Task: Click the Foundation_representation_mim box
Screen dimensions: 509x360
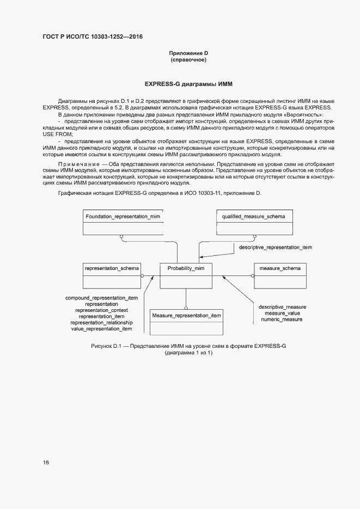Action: click(x=123, y=222)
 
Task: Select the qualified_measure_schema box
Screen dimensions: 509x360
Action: click(x=253, y=222)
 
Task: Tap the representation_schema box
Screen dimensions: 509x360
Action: click(x=112, y=275)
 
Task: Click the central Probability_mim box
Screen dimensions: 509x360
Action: click(x=186, y=275)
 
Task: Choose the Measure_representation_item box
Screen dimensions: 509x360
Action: click(x=186, y=322)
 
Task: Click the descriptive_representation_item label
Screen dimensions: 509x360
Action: click(x=276, y=247)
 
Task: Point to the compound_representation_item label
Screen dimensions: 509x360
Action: click(x=101, y=298)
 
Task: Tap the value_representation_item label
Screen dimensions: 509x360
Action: click(x=101, y=329)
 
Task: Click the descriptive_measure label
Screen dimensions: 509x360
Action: click(x=282, y=307)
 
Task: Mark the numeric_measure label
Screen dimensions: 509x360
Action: click(x=282, y=320)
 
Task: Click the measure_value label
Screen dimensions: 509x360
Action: click(x=282, y=314)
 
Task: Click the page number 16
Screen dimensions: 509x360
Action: click(x=46, y=462)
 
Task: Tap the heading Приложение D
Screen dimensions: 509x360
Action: click(x=188, y=53)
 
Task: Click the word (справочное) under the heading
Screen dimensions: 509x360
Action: click(x=188, y=60)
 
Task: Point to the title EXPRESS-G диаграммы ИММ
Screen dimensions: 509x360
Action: click(x=188, y=85)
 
